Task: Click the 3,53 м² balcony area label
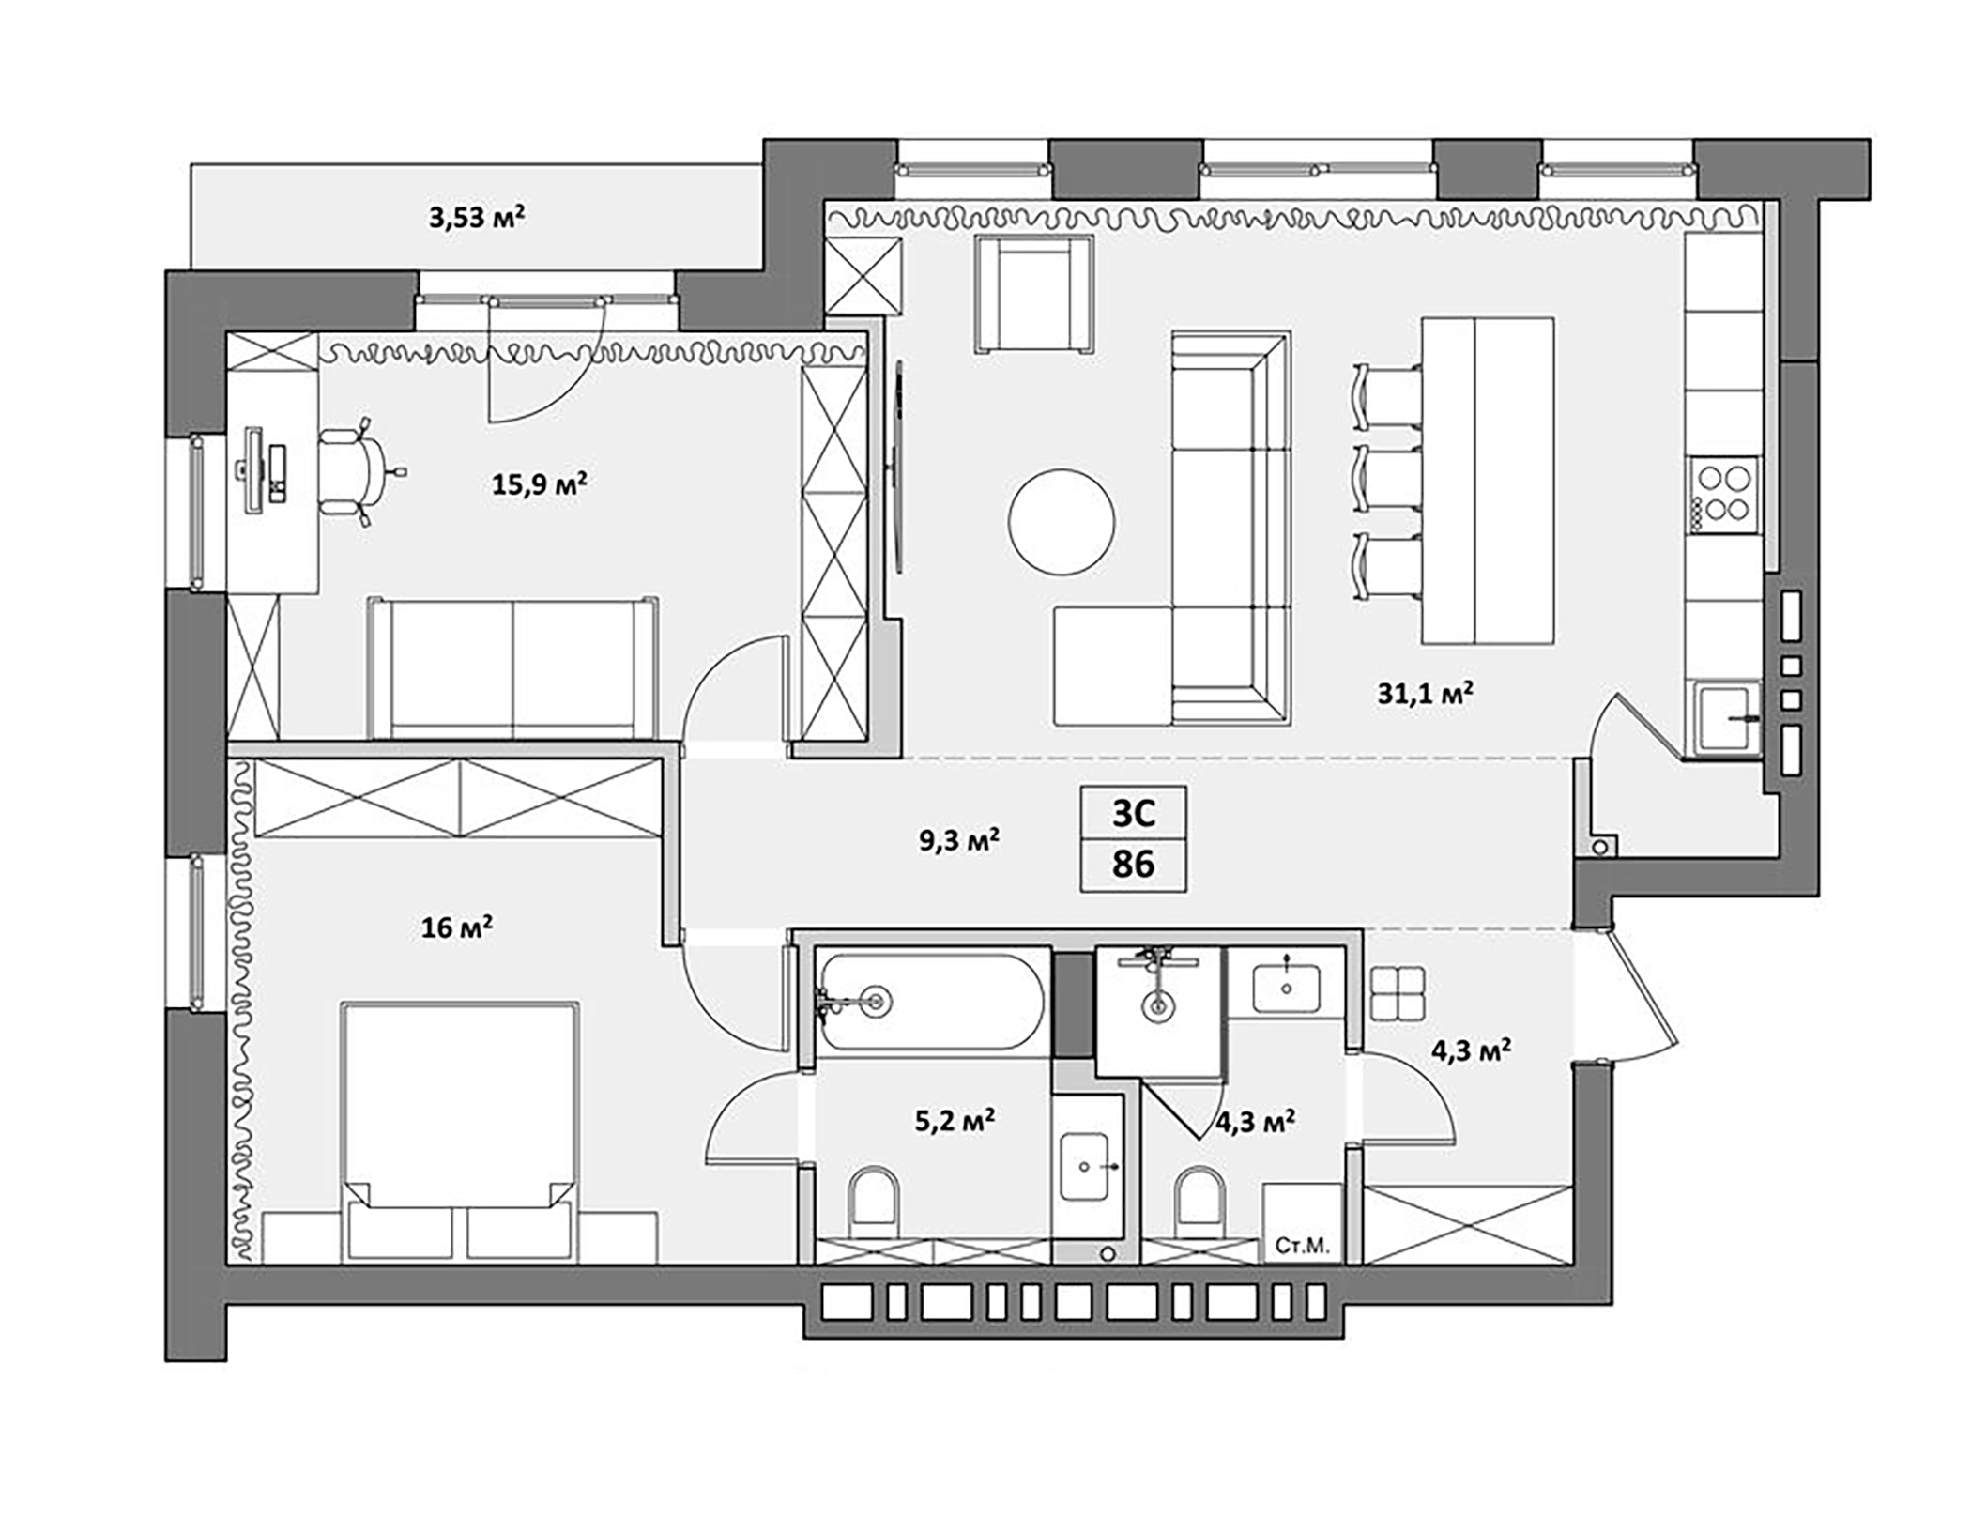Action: tap(476, 218)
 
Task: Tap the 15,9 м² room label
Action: tap(539, 484)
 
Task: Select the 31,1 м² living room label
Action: tap(1425, 694)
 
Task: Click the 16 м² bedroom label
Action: tap(456, 927)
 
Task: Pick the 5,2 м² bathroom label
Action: tap(954, 1120)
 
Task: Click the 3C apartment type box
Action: tap(1133, 813)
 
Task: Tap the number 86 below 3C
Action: tap(1133, 865)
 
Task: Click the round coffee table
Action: tap(1062, 522)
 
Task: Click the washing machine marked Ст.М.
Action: tap(1302, 1221)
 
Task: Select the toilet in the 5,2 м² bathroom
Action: tap(873, 1201)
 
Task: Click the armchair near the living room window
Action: tap(1033, 293)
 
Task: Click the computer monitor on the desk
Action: tap(253, 469)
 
